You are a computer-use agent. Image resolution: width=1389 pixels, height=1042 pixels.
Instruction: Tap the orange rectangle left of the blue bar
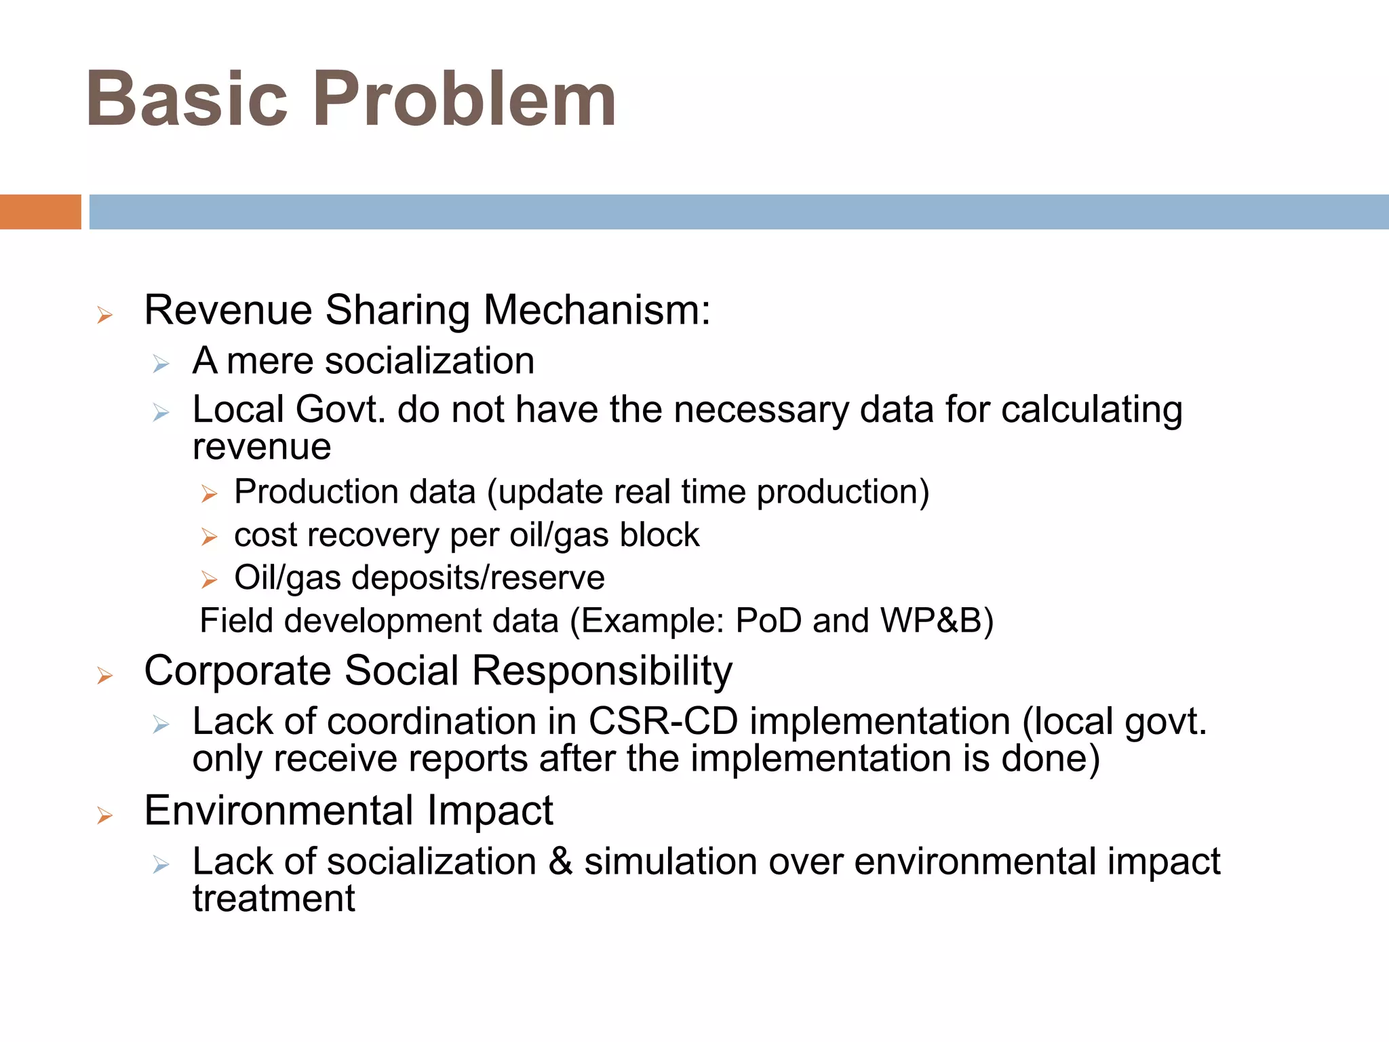[x=40, y=212]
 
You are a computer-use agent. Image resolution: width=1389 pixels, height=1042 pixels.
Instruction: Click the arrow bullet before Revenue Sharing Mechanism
[x=104, y=315]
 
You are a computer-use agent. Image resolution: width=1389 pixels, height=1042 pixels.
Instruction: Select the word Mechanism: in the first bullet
[x=597, y=311]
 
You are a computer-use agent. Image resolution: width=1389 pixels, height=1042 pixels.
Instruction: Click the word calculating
[x=1091, y=411]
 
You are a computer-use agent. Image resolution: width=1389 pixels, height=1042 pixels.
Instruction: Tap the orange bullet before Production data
[x=209, y=494]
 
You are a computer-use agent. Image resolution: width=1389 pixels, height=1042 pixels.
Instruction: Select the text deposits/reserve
[x=478, y=578]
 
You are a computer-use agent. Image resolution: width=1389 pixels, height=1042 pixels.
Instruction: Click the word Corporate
[x=238, y=672]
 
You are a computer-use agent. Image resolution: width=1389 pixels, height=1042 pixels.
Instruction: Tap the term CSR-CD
[x=663, y=721]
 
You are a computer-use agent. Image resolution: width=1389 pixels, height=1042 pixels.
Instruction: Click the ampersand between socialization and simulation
[x=560, y=862]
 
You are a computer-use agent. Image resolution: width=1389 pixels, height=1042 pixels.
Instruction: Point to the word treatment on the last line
[x=273, y=899]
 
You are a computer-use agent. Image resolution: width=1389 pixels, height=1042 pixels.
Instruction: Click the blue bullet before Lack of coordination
[x=161, y=725]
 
